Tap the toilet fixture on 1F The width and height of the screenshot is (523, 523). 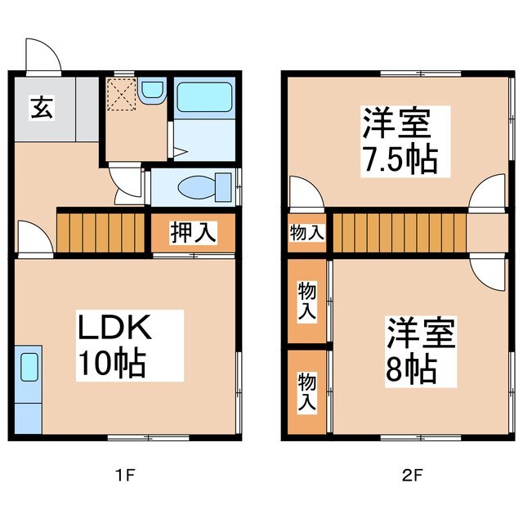195,187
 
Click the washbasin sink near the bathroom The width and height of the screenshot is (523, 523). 151,91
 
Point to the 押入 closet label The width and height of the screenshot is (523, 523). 193,232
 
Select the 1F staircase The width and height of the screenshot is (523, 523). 101,231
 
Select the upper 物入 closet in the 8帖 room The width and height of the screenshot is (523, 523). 306,301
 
